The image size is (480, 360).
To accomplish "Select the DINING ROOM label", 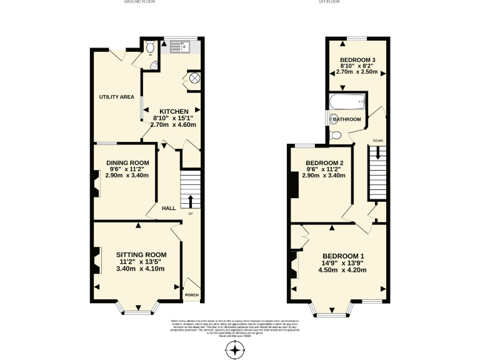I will tap(127, 162).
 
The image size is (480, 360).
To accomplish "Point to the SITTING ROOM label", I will tap(141, 254).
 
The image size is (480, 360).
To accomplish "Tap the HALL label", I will tap(168, 208).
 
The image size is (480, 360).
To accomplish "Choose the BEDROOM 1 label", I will tap(343, 256).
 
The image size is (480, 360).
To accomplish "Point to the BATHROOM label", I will tap(347, 119).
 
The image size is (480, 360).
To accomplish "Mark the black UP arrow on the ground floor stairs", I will tap(191, 201).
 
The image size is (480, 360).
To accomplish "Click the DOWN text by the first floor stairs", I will tap(377, 141).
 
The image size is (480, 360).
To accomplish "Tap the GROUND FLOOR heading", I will tap(140, 2).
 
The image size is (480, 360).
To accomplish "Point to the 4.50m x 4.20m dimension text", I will tap(343, 270).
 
